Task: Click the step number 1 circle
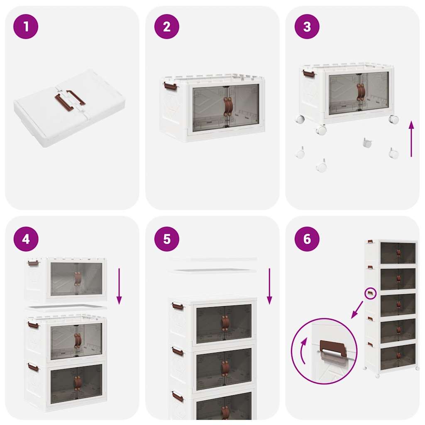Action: (26, 27)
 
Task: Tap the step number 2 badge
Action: (166, 27)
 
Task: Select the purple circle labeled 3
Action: (307, 27)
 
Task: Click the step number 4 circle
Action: (26, 239)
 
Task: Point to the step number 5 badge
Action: (166, 239)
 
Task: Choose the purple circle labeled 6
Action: (307, 239)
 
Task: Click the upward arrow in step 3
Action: (411, 139)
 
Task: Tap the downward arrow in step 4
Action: (119, 286)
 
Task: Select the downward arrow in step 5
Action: (269, 286)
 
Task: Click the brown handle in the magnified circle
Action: (333, 348)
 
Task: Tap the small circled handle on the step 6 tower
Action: (370, 293)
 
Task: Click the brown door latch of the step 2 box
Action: (228, 107)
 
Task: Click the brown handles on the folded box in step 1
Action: (70, 99)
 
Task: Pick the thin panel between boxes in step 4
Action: (66, 308)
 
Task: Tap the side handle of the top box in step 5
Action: (178, 307)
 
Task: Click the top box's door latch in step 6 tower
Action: (398, 253)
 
